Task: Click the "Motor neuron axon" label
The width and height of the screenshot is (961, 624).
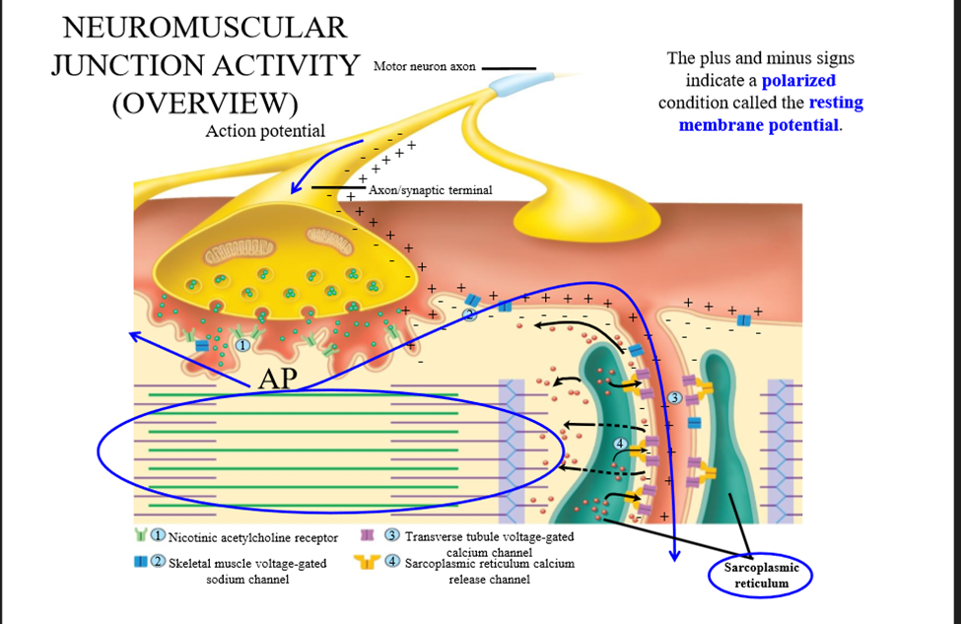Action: [x=424, y=66]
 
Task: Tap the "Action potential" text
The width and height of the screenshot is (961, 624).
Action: [x=265, y=131]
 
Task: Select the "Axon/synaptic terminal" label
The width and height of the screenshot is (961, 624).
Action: [x=431, y=190]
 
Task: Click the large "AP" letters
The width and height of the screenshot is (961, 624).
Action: [x=278, y=379]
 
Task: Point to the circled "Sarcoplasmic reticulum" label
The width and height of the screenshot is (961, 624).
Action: [x=761, y=575]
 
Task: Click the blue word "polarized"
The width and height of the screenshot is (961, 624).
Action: [x=798, y=80]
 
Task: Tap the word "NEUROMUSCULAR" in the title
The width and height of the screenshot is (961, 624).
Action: [x=205, y=28]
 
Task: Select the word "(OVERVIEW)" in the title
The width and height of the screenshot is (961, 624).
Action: [x=205, y=104]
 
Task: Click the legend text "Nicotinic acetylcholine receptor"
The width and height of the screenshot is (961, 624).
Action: [x=253, y=538]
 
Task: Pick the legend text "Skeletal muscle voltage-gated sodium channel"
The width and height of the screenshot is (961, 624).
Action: [x=247, y=572]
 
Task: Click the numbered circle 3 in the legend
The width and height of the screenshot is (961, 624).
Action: [x=392, y=535]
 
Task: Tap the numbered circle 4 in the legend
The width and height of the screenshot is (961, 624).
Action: [x=392, y=561]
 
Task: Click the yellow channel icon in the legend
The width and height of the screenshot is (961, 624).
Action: [x=367, y=562]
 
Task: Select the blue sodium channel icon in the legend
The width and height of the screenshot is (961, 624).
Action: [x=141, y=561]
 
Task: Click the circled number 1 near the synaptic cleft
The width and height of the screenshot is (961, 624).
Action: [x=242, y=345]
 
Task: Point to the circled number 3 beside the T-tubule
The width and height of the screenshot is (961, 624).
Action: [x=674, y=398]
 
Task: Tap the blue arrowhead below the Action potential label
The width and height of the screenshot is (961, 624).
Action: [x=298, y=185]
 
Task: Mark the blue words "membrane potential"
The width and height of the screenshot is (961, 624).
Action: [x=759, y=125]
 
